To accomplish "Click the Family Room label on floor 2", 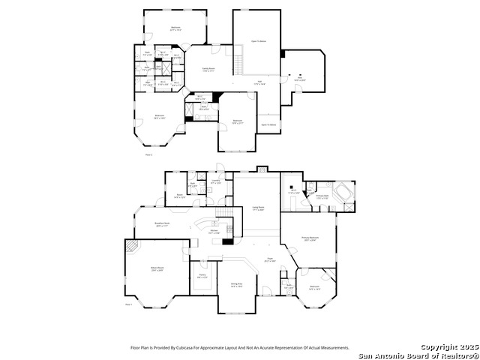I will point(209,68).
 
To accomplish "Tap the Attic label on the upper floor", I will point(300,77).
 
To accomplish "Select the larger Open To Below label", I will point(259,41).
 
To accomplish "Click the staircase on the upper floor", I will point(239,64).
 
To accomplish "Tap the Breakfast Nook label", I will point(161,223).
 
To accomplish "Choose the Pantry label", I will point(202,275).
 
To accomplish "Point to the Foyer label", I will point(269,259).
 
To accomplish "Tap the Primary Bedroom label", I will point(308,238).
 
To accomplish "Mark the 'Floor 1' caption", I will point(128,304).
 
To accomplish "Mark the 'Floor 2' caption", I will point(148,154).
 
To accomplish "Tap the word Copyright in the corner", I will point(438,348).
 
